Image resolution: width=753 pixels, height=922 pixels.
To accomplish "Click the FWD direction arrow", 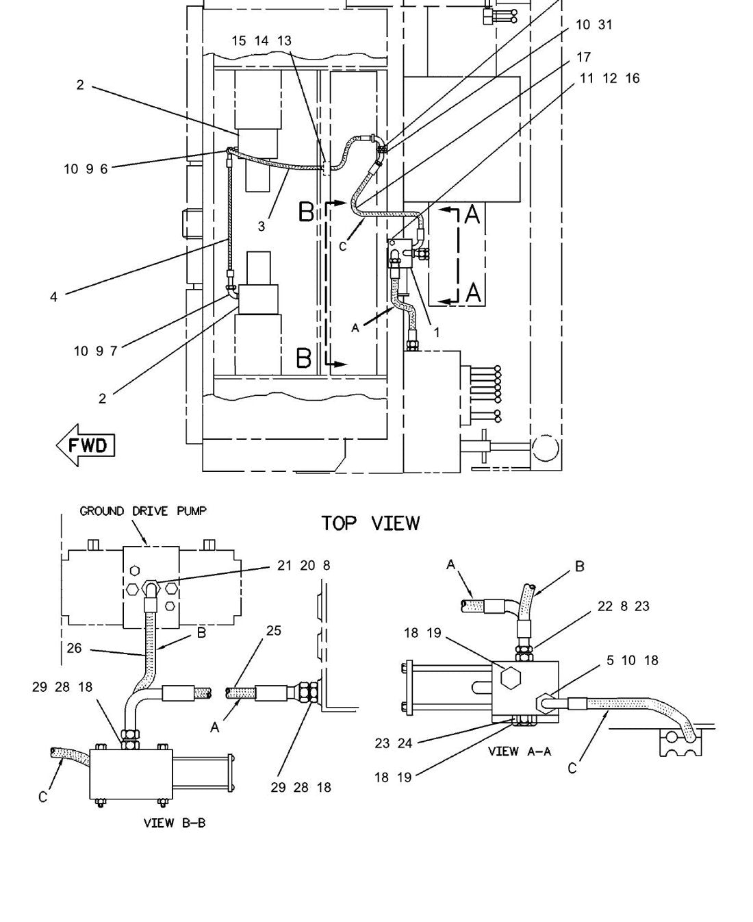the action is tap(86, 445).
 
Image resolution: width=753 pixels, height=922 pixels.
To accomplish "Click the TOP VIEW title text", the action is tap(370, 523).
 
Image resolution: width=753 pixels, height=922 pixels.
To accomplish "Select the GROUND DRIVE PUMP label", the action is tap(143, 511).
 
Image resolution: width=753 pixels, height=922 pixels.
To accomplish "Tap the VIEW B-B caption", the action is tap(175, 823).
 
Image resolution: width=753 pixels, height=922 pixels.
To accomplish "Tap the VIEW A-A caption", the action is tap(520, 751).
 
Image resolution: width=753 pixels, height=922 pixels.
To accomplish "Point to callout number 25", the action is tap(274, 631).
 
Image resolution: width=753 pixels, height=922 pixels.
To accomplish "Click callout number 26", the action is tap(74, 648).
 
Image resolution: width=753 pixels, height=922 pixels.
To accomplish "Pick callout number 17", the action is tap(584, 58).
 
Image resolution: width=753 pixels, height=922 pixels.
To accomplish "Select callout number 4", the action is tap(53, 297).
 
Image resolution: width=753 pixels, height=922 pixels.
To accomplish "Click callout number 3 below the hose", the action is tap(261, 227).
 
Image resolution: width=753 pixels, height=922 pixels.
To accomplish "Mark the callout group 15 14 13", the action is tap(261, 40).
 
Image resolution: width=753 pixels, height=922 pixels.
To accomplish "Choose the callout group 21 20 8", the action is tap(304, 565).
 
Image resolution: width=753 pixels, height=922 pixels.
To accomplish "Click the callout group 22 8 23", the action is tap(624, 606).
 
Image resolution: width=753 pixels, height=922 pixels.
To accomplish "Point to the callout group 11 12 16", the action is tap(610, 78).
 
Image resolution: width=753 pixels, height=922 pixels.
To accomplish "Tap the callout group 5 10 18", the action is tap(633, 660).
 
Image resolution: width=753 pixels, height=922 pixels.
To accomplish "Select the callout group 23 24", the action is tap(394, 743).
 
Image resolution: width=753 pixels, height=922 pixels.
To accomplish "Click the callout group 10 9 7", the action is tap(96, 351).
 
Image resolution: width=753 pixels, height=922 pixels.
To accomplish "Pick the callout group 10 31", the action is tap(594, 25).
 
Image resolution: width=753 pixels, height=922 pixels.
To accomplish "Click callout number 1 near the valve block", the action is tap(436, 333).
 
